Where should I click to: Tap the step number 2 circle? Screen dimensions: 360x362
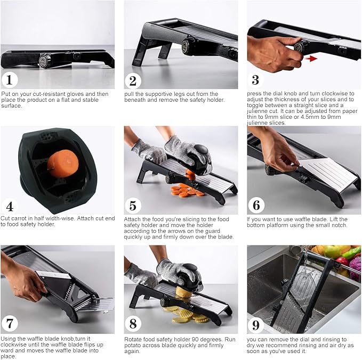tap(133, 81)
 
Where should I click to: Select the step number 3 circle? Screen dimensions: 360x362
tap(256, 80)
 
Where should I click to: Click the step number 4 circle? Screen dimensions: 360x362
tap(9, 206)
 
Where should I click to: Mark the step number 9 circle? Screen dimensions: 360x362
tap(256, 325)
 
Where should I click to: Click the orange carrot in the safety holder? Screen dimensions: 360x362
tap(59, 162)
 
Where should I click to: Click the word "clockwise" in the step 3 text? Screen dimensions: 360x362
tap(334, 94)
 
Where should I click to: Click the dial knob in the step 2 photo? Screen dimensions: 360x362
tap(187, 47)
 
